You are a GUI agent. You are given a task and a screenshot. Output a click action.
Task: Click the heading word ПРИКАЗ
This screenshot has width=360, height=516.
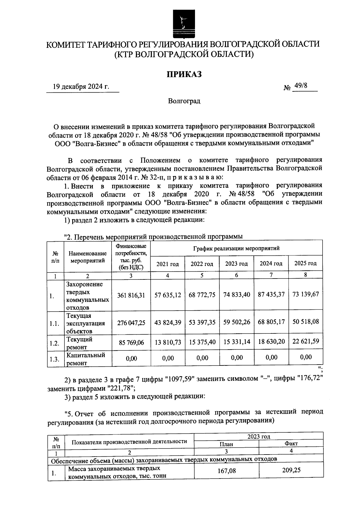click(184, 74)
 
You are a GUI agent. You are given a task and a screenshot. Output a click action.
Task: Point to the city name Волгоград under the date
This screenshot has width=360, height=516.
click(184, 101)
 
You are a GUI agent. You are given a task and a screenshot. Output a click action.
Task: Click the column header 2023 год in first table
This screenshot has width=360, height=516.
click(236, 264)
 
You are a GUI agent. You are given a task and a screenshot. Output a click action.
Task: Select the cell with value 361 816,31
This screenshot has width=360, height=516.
click(131, 295)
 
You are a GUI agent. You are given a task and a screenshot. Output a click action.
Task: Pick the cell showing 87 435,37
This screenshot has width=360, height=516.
click(271, 294)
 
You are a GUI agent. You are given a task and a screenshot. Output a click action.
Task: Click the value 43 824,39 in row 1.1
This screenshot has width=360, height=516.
click(168, 322)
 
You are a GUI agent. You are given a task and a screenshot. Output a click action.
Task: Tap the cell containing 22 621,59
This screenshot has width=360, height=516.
click(306, 341)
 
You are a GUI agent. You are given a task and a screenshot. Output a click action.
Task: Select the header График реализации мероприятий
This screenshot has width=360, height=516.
click(236, 248)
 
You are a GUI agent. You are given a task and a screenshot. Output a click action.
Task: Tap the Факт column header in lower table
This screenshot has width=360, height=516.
click(291, 444)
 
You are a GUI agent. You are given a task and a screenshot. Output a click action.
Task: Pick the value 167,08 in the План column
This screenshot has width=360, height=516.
click(226, 471)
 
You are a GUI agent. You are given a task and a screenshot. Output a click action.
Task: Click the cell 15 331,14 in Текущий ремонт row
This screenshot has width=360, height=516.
click(237, 342)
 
